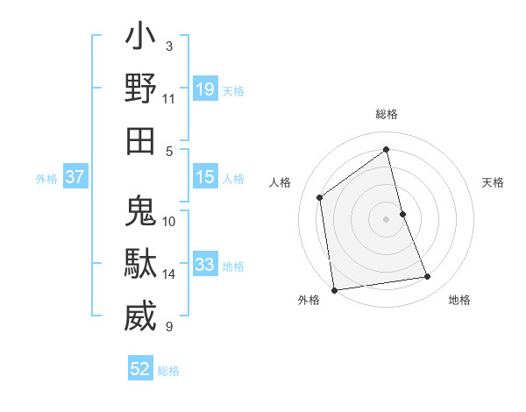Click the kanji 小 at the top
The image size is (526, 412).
click(x=140, y=39)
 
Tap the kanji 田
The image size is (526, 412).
click(x=140, y=141)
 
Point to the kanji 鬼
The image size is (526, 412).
click(x=140, y=213)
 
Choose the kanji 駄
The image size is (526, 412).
click(x=140, y=265)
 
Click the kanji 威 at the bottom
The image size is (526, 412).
click(x=140, y=316)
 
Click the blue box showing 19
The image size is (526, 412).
click(x=204, y=89)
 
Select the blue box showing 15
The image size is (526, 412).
click(x=204, y=178)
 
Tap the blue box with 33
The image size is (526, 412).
click(x=204, y=265)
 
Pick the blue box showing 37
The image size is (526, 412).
click(x=75, y=178)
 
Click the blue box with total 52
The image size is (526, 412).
click(x=140, y=369)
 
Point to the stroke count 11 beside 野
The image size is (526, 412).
click(x=169, y=99)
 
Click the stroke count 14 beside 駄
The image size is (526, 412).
click(x=169, y=274)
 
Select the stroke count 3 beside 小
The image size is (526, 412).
click(x=169, y=46)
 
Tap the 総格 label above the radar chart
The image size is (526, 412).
click(x=386, y=114)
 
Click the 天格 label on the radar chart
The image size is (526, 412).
click(x=493, y=182)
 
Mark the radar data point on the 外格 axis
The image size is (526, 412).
click(x=334, y=289)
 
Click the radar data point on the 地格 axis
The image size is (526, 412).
click(x=428, y=277)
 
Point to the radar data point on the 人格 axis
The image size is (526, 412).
click(x=320, y=197)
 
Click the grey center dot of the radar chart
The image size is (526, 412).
click(x=386, y=218)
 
